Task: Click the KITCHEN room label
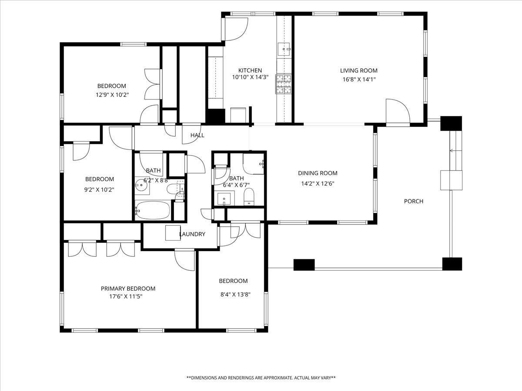(x=250, y=70)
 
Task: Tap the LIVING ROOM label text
(x=358, y=70)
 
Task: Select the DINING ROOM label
(x=318, y=173)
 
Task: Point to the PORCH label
(x=414, y=201)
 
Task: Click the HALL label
(x=197, y=135)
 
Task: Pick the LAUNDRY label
(x=192, y=234)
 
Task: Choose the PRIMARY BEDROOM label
(x=128, y=288)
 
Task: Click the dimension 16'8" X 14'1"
(x=359, y=80)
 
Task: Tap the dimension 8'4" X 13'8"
(x=235, y=295)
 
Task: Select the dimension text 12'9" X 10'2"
(x=112, y=95)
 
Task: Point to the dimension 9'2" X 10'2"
(x=99, y=190)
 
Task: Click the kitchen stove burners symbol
(x=283, y=84)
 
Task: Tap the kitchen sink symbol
(x=284, y=49)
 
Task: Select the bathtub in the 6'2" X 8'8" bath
(x=153, y=210)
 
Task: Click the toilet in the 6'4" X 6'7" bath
(x=249, y=197)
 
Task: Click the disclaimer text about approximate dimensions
(x=261, y=378)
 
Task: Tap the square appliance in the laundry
(x=173, y=233)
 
